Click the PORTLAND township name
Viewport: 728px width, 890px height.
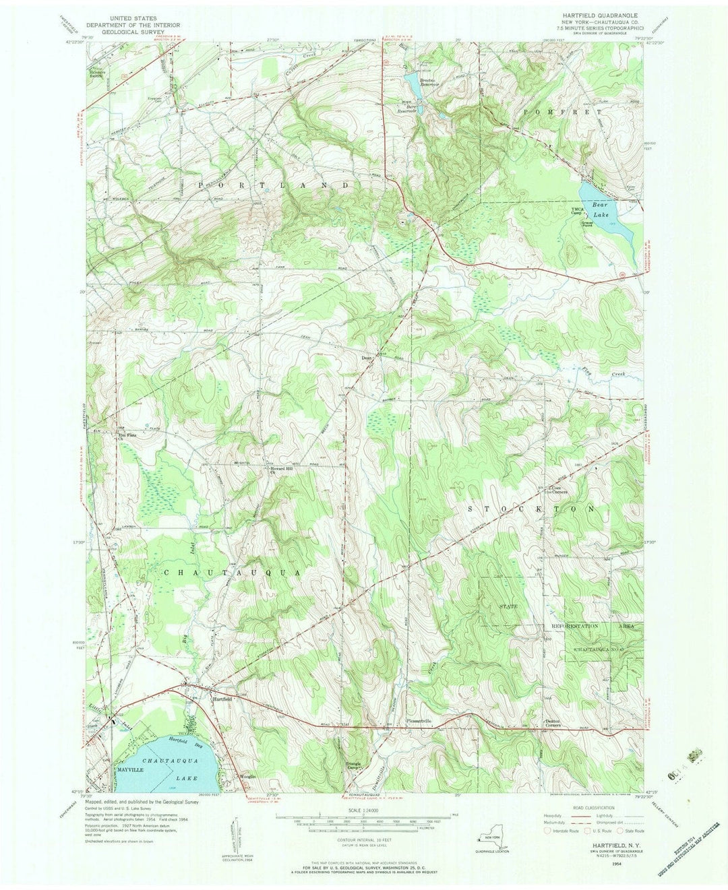tap(274, 184)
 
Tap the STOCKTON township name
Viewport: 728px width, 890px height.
tap(531, 509)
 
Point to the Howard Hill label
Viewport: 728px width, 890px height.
tap(281, 470)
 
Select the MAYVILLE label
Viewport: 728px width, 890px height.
tap(132, 769)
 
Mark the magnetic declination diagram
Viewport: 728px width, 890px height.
tap(237, 834)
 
